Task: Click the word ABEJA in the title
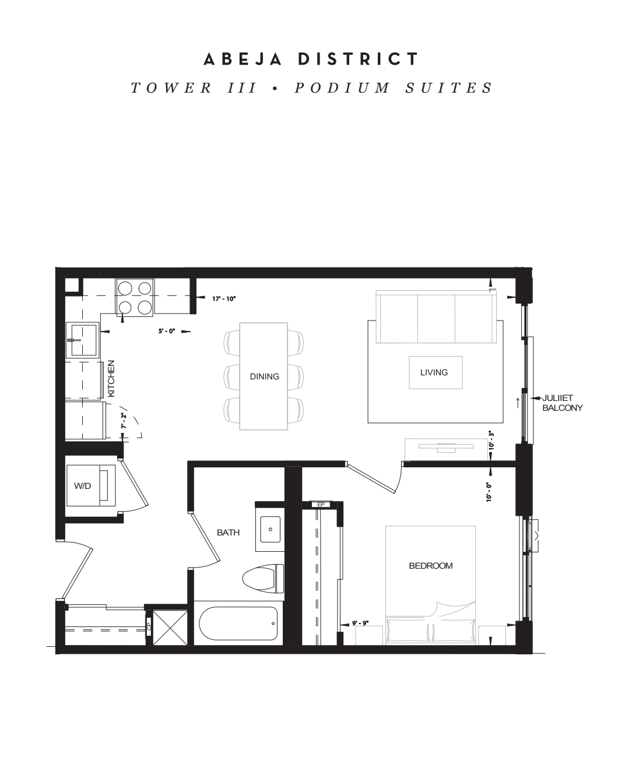[243, 59]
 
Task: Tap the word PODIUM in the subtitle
[342, 88]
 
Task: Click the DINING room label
[265, 376]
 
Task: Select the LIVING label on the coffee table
[434, 372]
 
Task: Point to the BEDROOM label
[431, 566]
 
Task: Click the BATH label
[228, 533]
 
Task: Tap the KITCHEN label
[111, 378]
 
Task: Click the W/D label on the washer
[83, 485]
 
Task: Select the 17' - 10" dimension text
[224, 299]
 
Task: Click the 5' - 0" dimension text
[167, 331]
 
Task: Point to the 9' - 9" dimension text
[360, 623]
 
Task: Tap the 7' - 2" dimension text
[124, 421]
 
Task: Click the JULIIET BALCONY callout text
[562, 403]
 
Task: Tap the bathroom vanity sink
[270, 529]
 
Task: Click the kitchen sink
[82, 340]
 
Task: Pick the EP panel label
[321, 505]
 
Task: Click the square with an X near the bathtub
[170, 628]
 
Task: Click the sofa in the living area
[436, 317]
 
